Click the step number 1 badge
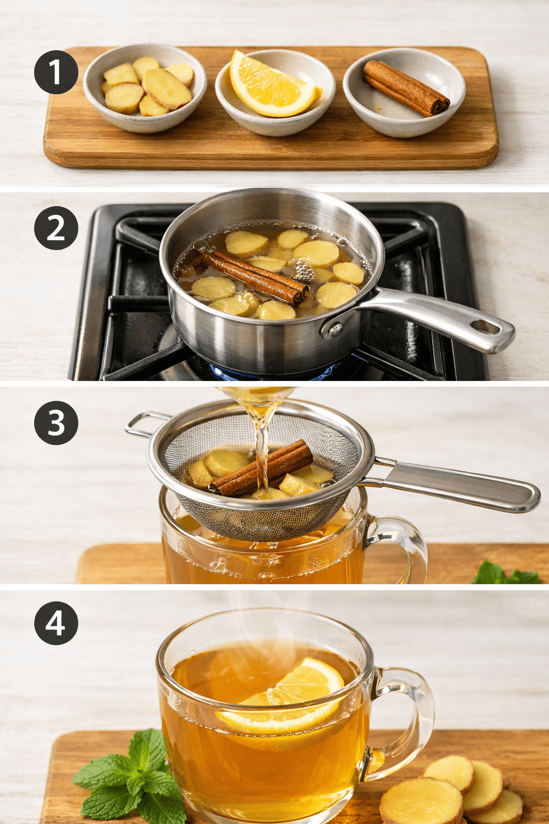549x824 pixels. click(x=56, y=72)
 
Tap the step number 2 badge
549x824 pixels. click(x=56, y=228)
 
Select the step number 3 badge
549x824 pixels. click(x=56, y=423)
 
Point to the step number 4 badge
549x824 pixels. click(x=56, y=623)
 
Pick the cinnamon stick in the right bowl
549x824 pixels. click(x=406, y=88)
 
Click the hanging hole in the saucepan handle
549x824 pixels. click(x=485, y=327)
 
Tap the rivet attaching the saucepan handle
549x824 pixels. click(x=335, y=329)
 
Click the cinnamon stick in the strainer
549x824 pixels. click(x=262, y=468)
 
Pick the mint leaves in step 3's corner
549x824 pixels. click(x=505, y=573)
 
